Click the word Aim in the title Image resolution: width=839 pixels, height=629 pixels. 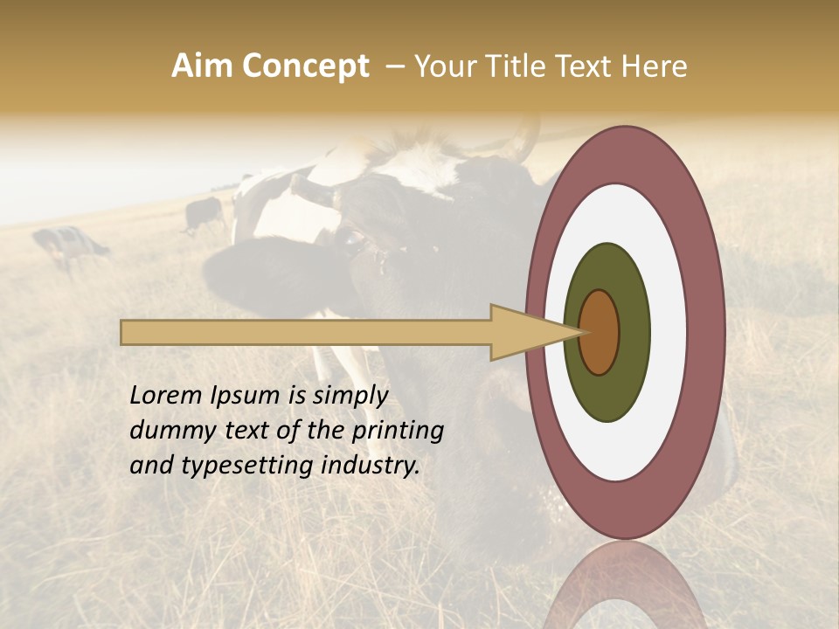(x=202, y=66)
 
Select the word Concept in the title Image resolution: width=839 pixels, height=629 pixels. (x=305, y=66)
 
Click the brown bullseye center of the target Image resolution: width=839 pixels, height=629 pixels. (x=600, y=332)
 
